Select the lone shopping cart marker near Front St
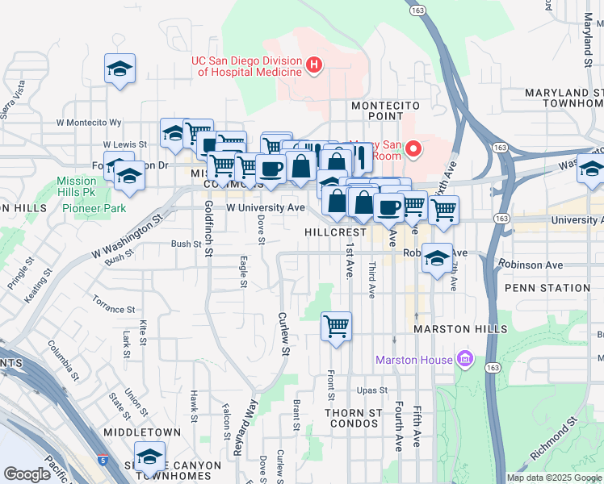pos(336,327)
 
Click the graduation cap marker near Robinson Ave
pos(437,258)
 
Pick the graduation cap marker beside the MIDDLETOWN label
pos(149,457)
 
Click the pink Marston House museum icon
pos(464,358)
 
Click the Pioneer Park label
pos(94,208)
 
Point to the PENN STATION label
pos(547,288)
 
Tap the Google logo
pos(27,474)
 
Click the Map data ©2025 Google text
pos(553,478)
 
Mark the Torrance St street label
pos(113,309)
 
